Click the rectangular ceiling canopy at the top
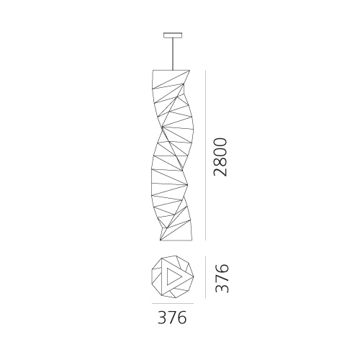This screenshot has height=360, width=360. [x=173, y=35]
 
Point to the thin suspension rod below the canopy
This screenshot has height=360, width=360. [x=173, y=54]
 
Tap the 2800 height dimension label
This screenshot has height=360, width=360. [x=220, y=157]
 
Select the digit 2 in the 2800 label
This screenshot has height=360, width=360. [x=220, y=172]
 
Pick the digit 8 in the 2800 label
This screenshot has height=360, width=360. [x=220, y=162]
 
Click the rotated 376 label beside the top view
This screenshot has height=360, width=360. [x=222, y=279]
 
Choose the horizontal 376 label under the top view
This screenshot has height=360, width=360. [x=172, y=318]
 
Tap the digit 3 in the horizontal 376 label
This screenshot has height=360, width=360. [x=162, y=318]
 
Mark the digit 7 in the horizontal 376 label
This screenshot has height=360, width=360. [x=171, y=318]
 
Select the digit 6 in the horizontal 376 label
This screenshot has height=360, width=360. [x=181, y=318]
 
